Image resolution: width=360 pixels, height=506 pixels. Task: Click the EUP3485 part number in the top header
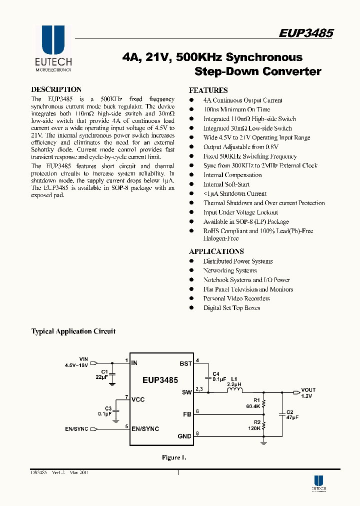306,33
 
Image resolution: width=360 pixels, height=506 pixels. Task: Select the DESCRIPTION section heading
56,89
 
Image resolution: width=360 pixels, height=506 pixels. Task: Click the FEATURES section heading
208,90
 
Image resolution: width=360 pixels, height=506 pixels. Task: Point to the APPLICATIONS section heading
216,251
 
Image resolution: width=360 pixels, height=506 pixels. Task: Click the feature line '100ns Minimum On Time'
236,109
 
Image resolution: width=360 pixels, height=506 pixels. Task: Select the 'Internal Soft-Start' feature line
226,184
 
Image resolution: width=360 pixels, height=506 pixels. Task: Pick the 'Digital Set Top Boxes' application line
231,308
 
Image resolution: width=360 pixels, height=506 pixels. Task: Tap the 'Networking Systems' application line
229,270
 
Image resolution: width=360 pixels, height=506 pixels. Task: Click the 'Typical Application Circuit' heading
73,331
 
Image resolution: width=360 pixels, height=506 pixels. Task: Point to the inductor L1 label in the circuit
233,378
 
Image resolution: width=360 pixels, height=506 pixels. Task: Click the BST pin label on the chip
185,363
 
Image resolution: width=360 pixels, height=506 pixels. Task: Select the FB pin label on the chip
187,414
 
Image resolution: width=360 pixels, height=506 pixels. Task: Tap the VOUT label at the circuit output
308,389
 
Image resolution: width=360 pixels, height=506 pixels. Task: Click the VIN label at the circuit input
83,359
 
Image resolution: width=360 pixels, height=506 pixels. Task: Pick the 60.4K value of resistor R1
253,406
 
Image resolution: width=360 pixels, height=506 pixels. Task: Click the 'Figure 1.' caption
174,457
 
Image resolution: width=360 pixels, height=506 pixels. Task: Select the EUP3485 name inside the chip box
160,380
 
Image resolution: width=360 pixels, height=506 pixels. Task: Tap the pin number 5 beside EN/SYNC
127,426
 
